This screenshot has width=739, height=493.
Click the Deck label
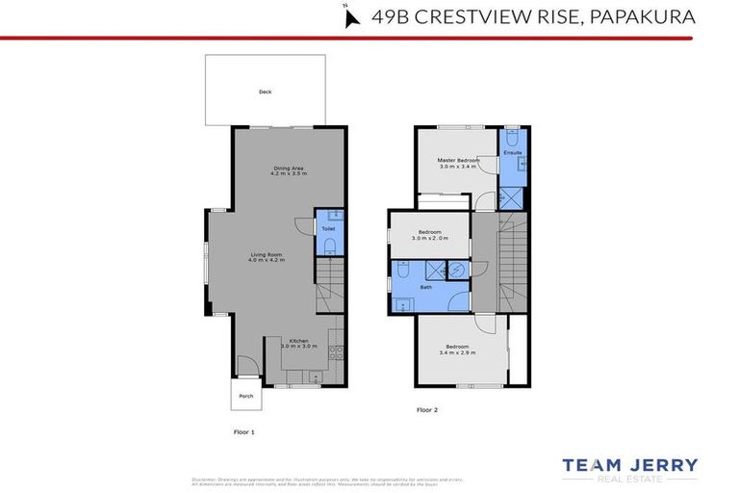(265, 92)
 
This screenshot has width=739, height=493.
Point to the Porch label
(245, 395)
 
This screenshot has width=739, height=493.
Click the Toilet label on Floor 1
(328, 229)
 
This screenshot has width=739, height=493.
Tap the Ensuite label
(512, 153)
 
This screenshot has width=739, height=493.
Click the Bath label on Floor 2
(424, 287)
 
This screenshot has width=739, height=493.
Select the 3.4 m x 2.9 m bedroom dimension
(457, 352)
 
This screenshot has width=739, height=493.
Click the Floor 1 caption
(244, 432)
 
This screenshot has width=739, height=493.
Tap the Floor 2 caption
(426, 410)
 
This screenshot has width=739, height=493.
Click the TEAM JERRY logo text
(630, 465)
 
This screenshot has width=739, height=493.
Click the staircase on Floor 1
(328, 281)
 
